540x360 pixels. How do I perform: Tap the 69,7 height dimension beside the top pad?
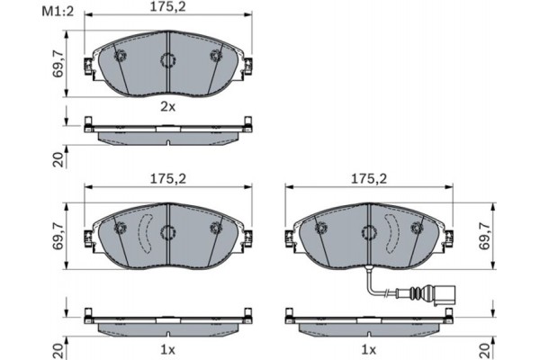[57, 65]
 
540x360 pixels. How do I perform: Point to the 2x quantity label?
[167, 106]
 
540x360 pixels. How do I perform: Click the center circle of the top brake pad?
[167, 61]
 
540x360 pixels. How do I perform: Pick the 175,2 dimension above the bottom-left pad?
[167, 178]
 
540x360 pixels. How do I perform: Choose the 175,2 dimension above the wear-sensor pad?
[368, 178]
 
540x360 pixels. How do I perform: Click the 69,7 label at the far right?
[486, 233]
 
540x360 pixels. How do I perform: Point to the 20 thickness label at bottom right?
[486, 347]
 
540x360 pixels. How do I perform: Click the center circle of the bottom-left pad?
[167, 232]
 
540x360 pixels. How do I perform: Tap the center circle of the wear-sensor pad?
[368, 232]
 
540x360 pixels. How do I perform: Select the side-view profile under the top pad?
[167, 131]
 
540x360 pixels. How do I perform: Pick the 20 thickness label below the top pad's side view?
[57, 159]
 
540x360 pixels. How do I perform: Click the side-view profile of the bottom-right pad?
[368, 320]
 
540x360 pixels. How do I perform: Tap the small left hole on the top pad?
[121, 56]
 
